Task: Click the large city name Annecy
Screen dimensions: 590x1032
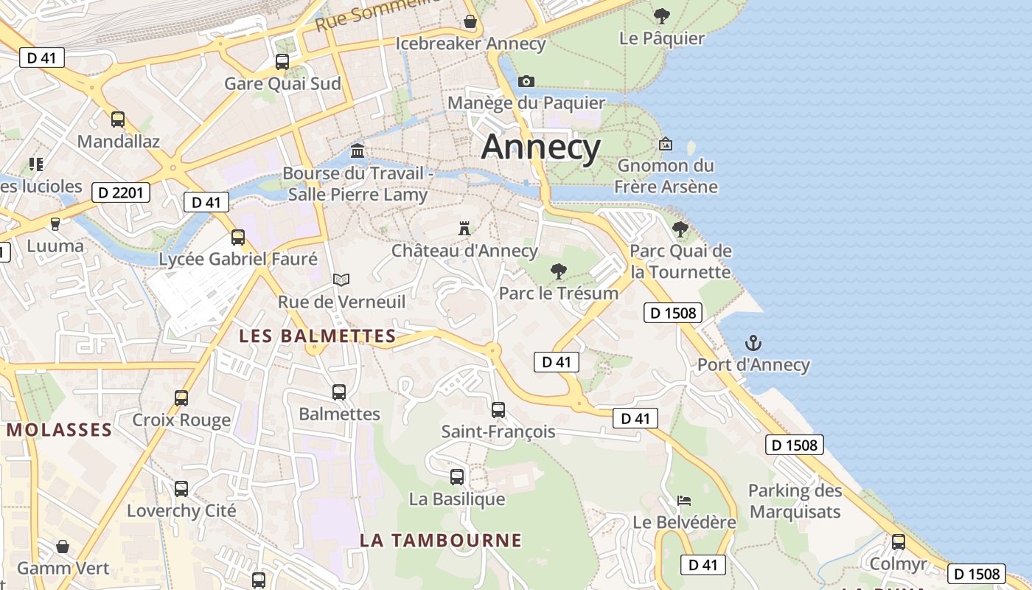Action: coord(541,147)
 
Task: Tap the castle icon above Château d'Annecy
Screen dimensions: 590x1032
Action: coord(464,228)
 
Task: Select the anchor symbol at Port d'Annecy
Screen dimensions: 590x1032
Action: coord(753,343)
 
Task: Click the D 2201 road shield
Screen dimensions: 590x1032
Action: coord(122,193)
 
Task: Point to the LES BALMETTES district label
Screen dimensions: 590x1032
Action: coord(318,336)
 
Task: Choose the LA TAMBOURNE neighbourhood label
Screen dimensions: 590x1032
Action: coord(441,541)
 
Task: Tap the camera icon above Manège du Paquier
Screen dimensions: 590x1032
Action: coord(526,81)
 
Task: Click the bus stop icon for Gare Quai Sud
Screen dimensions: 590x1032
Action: coord(282,62)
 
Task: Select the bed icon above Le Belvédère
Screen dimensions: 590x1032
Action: coord(684,501)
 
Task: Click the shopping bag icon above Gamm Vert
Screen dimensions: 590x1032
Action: coord(63,546)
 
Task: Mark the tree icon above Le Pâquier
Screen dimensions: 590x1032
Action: coord(662,16)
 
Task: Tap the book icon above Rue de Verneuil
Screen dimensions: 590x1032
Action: coord(341,280)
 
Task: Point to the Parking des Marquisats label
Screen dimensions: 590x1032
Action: coord(795,501)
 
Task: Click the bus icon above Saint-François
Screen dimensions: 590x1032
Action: coord(498,409)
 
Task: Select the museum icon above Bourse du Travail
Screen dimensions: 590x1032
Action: coord(358,150)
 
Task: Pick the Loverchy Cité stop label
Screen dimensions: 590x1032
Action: coord(181,510)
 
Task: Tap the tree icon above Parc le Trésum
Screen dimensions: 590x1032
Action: coord(559,271)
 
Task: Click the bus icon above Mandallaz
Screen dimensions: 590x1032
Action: coord(118,119)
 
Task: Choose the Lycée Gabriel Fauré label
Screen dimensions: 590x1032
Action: coord(238,259)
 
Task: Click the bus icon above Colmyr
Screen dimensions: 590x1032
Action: coord(898,542)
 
